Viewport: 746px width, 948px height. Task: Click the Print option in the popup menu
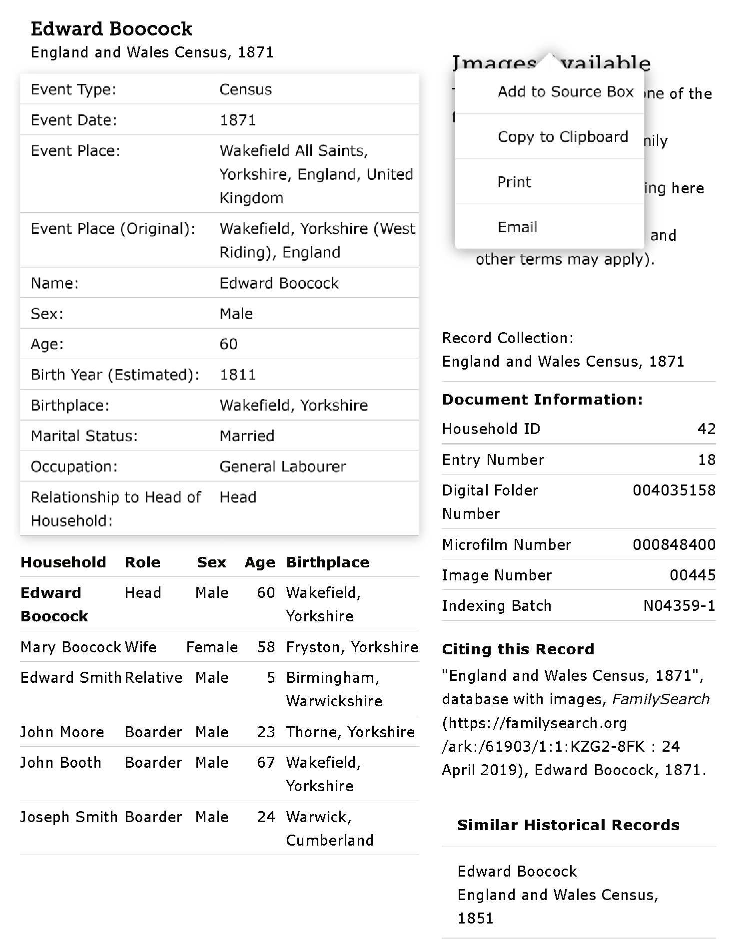[x=514, y=182]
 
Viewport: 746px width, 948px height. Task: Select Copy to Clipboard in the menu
[x=563, y=137]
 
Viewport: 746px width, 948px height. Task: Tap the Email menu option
[x=517, y=227]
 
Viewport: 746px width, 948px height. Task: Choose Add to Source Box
[x=565, y=92]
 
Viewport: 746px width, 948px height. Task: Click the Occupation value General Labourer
[x=282, y=467]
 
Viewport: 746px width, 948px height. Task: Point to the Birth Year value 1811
[x=237, y=375]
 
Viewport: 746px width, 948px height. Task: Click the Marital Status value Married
[x=247, y=436]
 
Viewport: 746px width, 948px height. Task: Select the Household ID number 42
[x=706, y=429]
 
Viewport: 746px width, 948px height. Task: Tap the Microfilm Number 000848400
[x=674, y=544]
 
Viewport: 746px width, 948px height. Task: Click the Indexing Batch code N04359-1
[x=679, y=606]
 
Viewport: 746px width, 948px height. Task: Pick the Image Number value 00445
[x=692, y=575]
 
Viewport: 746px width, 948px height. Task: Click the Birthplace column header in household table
[x=327, y=562]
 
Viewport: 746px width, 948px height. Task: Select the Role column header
[x=142, y=562]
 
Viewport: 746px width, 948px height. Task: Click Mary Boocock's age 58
[x=266, y=647]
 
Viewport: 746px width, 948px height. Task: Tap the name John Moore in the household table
[x=62, y=732]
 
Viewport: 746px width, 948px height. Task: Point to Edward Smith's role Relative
[x=153, y=678]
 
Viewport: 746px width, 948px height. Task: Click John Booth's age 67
[x=266, y=763]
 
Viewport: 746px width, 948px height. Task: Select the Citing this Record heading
[x=518, y=649]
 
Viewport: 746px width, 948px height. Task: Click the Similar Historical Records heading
[x=568, y=825]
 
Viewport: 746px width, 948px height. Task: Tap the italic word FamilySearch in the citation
[x=661, y=699]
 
